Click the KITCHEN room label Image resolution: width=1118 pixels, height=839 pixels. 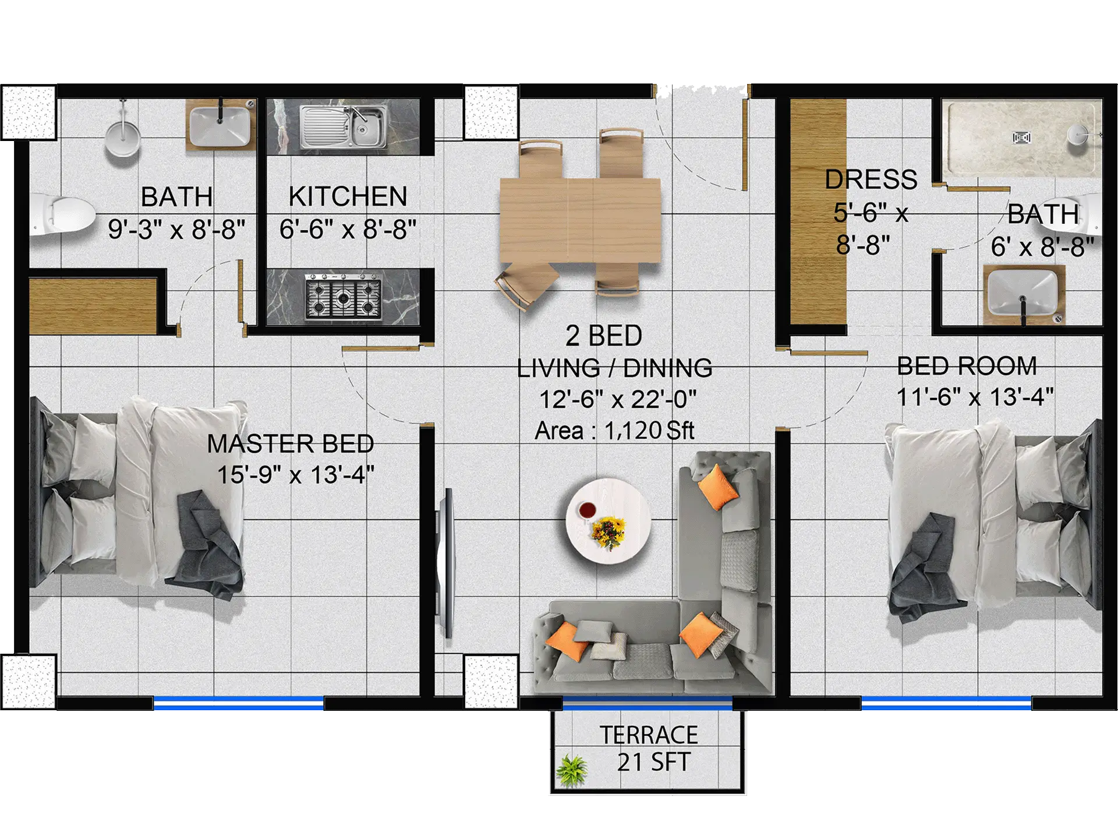(348, 196)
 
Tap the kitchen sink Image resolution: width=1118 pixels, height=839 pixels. (344, 126)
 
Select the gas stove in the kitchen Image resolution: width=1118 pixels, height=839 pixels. (344, 297)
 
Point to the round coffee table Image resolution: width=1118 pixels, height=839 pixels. (608, 521)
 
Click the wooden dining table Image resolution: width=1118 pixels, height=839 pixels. (580, 220)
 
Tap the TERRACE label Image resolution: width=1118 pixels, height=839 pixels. (649, 735)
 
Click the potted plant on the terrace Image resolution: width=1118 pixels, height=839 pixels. (572, 770)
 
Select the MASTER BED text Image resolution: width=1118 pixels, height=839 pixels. (291, 444)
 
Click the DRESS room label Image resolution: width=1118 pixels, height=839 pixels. (871, 179)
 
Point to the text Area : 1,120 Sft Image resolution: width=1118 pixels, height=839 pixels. (614, 431)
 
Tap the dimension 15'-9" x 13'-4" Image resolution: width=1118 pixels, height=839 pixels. (296, 475)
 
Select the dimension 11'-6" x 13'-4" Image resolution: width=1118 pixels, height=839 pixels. (975, 397)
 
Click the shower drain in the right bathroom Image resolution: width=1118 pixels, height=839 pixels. (1021, 138)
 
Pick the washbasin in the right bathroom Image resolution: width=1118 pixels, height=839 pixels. (1023, 294)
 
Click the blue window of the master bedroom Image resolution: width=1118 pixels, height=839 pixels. (239, 703)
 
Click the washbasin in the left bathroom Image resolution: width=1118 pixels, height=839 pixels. (221, 125)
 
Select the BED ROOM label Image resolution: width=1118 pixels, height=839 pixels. (967, 366)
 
